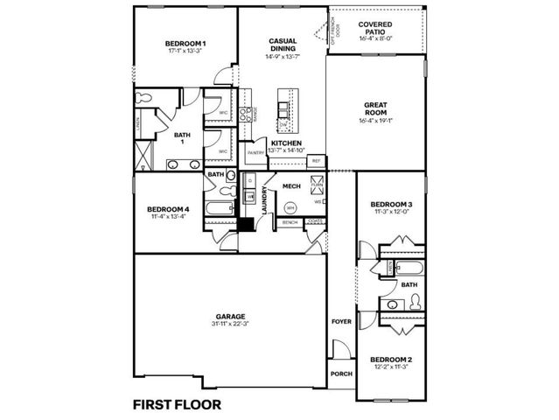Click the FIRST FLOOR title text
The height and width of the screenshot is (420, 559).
coord(176,404)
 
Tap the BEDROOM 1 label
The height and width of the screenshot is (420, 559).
coord(185,44)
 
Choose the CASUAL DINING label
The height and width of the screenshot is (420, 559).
coord(282,45)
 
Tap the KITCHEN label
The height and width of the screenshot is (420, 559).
coord(286,143)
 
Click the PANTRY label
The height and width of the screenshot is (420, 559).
coord(255,153)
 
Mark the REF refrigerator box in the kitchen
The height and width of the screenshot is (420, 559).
coord(316,161)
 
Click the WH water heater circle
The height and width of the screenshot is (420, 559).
coord(290,207)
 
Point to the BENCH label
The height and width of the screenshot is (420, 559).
coord(290,223)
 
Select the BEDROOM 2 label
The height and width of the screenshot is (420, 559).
coord(390,360)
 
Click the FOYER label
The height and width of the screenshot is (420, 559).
coord(341,322)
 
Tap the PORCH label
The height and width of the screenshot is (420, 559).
coord(341,374)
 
